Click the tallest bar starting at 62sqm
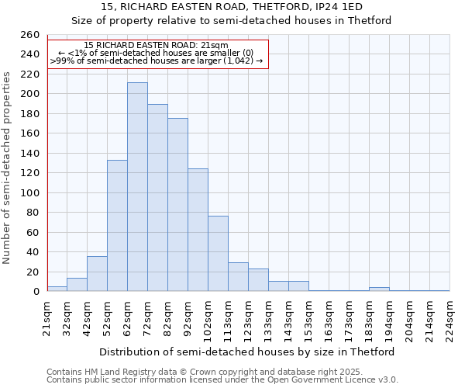coord(137,186)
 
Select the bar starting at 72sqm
coord(157,198)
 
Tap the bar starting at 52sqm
coord(117,225)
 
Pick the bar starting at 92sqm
coord(198,230)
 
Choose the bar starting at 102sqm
coord(218,253)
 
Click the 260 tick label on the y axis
coord(29,35)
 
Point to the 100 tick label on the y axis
coord(29,192)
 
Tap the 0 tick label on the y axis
coord(36,292)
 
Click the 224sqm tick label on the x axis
coord(449,317)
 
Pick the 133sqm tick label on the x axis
coord(269,317)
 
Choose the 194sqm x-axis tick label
coord(389,317)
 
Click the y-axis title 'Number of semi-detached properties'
coord(8,168)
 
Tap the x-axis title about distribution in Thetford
coord(247,352)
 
